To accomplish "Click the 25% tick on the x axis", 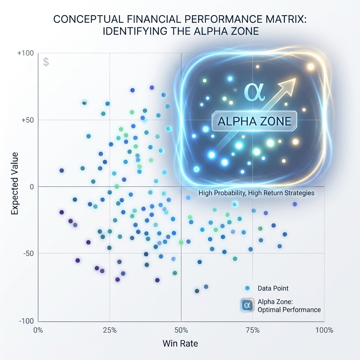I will click(109, 330).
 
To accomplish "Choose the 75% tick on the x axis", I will click(252, 330).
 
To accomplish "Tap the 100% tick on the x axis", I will click(324, 330).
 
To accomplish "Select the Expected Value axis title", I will click(15, 187).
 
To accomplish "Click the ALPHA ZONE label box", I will click(254, 121).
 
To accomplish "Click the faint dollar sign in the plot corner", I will click(46, 62).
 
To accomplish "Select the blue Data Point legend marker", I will click(247, 288).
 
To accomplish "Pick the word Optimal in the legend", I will click(269, 310).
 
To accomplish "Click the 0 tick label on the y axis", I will click(31, 187).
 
